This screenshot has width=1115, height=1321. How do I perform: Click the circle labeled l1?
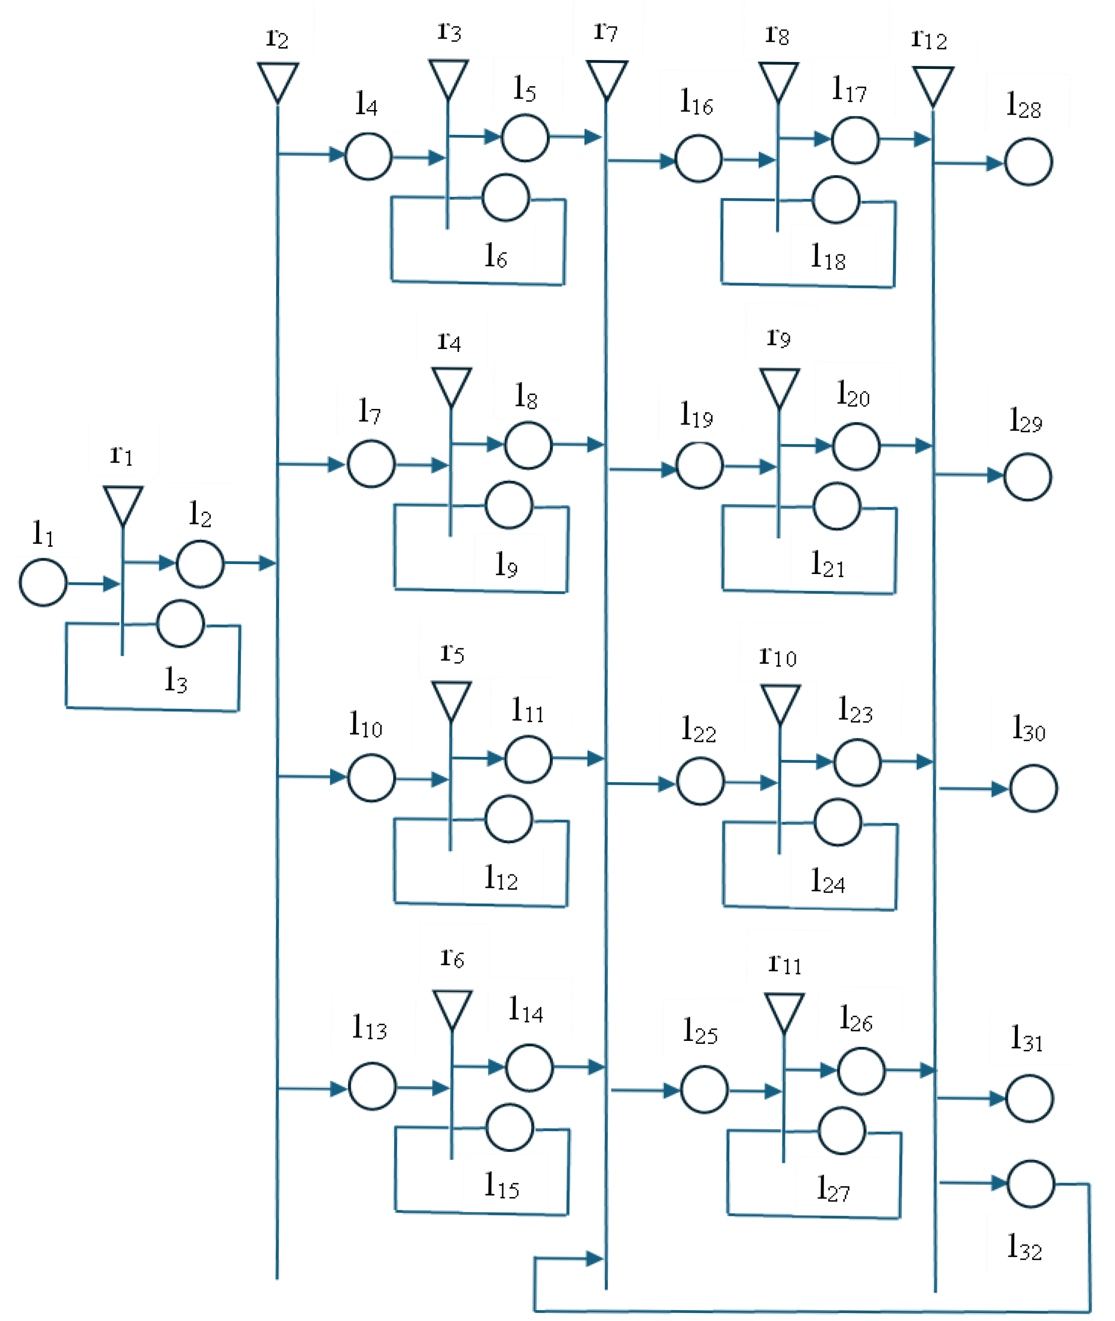[x=43, y=582]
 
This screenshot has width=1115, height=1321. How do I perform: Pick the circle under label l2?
[x=200, y=563]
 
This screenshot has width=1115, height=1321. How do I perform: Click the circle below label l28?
[x=1028, y=162]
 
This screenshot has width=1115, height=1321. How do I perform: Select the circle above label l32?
[x=1030, y=1183]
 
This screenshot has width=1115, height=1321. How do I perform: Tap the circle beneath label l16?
[x=698, y=159]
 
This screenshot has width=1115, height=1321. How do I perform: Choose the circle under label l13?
[x=372, y=1086]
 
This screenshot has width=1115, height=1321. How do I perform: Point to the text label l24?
[x=827, y=880]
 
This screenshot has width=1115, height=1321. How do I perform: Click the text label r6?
[x=452, y=958]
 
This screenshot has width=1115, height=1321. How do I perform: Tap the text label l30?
[x=1028, y=728]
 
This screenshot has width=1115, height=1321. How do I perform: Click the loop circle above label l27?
[x=841, y=1131]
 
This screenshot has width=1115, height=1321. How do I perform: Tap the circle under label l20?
[x=856, y=446]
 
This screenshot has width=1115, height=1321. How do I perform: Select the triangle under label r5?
[x=451, y=700]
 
